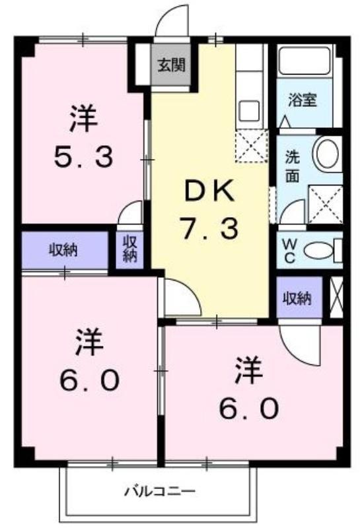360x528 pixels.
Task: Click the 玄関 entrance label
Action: tap(172, 65)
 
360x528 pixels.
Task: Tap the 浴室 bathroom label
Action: tap(302, 100)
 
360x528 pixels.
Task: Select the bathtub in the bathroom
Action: tap(305, 61)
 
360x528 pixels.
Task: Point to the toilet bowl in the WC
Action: tap(318, 250)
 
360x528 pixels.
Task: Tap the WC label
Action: tap(289, 251)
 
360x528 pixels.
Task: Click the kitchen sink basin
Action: tap(249, 110)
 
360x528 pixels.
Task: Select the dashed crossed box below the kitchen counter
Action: tap(252, 146)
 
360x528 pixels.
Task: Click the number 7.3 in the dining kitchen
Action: tap(209, 228)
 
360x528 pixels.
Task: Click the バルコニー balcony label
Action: tap(161, 491)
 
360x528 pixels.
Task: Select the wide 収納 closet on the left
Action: tap(65, 250)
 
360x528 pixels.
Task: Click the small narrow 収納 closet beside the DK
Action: tap(129, 249)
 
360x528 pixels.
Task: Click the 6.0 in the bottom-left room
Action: tap(89, 379)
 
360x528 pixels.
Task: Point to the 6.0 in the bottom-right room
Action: tap(249, 408)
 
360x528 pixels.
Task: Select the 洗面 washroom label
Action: tap(292, 167)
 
